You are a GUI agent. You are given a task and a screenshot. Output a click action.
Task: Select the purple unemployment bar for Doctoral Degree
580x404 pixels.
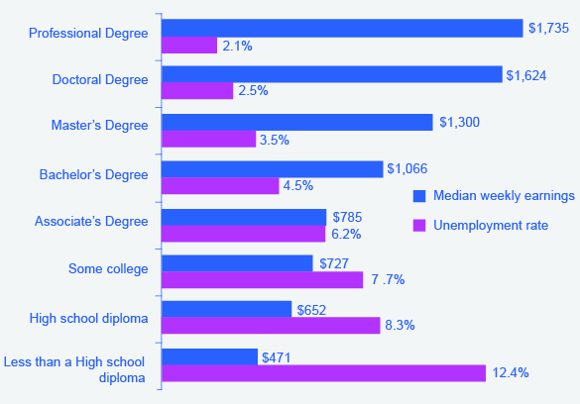(x=197, y=91)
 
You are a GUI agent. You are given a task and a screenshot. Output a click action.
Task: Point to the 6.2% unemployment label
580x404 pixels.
(x=346, y=234)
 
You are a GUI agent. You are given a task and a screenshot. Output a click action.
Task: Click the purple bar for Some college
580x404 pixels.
(x=262, y=280)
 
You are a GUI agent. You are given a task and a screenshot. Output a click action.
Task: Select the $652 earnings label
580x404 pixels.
(x=312, y=310)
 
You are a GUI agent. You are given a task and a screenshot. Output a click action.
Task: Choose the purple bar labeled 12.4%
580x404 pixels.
(x=323, y=373)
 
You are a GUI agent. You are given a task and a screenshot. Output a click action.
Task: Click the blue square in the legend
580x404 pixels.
(x=418, y=196)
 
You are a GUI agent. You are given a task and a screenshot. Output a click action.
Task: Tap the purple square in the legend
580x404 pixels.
(x=418, y=226)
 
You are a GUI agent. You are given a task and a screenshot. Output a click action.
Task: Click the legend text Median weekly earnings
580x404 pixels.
(x=504, y=196)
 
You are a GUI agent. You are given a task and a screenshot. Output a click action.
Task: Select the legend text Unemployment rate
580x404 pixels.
(x=490, y=226)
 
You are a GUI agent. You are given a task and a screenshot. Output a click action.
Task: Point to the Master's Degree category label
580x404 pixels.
(x=99, y=125)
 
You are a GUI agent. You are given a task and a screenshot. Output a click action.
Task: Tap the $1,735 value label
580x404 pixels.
(x=548, y=27)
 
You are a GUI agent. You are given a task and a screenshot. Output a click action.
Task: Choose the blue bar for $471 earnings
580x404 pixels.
(x=208, y=356)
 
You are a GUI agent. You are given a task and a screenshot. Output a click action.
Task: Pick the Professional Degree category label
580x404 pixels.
(x=88, y=34)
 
